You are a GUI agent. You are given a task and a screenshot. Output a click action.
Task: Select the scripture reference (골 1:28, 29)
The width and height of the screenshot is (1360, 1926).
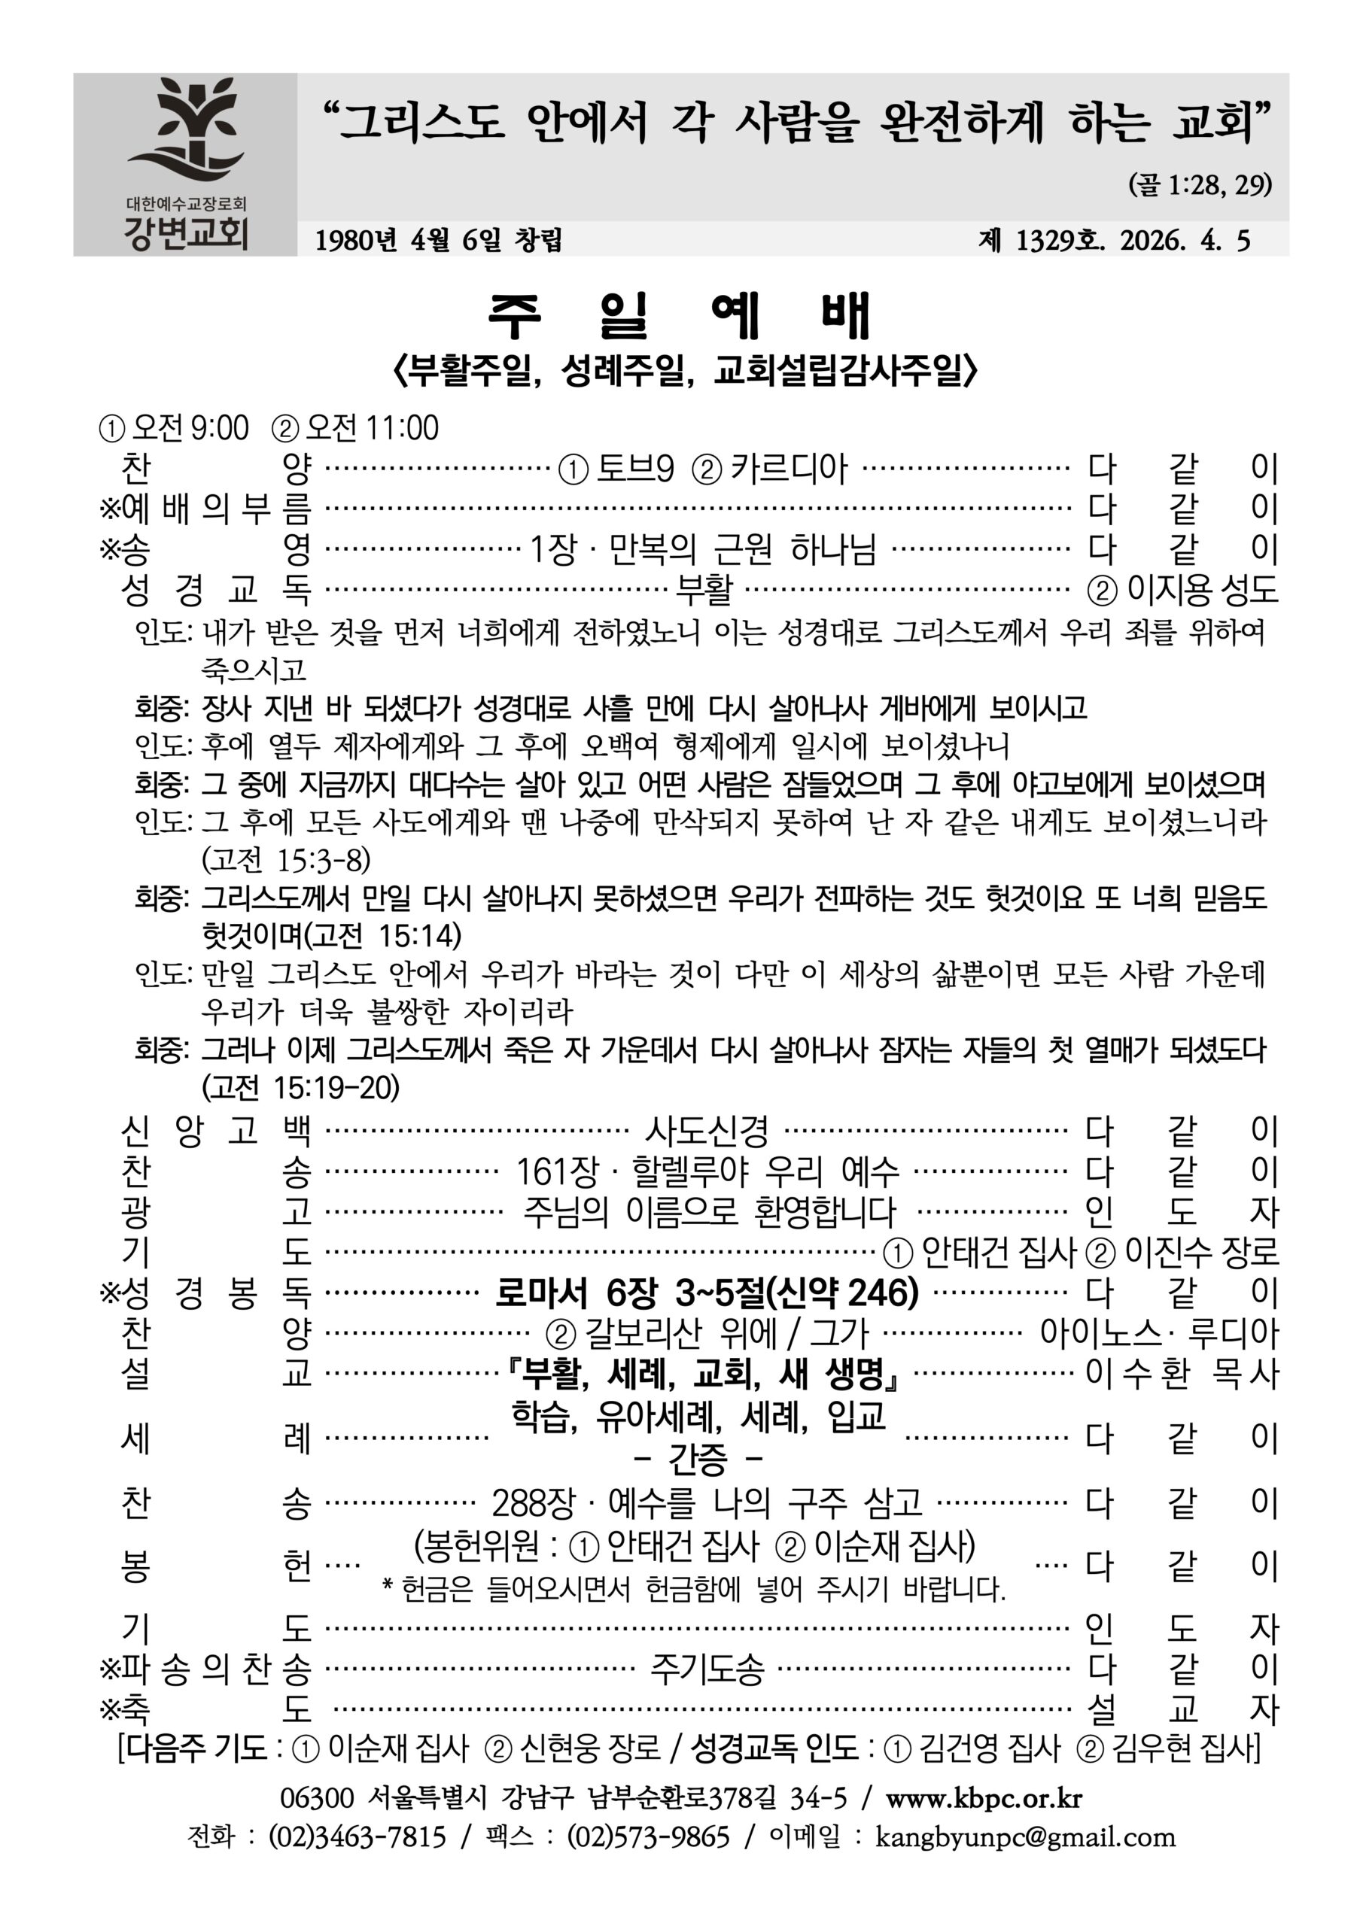[x=1200, y=184]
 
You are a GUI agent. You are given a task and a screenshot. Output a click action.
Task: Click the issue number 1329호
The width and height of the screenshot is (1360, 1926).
[x=1060, y=241]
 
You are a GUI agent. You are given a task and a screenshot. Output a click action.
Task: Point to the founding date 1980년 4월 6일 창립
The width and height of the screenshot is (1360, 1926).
[x=438, y=241]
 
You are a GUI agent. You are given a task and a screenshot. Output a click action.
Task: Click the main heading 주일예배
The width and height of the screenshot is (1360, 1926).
[x=680, y=316]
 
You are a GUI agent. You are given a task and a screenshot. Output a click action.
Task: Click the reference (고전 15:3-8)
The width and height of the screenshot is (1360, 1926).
[x=285, y=859]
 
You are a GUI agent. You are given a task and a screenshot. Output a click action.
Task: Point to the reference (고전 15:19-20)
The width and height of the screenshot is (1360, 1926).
[x=300, y=1087]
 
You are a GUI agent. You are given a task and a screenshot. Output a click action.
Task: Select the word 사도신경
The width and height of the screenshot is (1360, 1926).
[x=707, y=1130]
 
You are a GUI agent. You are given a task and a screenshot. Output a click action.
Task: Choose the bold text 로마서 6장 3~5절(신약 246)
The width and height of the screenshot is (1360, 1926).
[x=707, y=1293]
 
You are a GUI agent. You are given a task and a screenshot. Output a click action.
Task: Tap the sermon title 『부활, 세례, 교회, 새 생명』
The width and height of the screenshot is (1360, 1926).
[x=707, y=1374]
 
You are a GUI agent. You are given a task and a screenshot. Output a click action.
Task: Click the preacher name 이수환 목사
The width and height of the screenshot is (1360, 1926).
[x=1182, y=1374]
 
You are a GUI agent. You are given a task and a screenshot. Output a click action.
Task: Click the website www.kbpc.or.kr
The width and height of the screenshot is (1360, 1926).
[x=983, y=1797]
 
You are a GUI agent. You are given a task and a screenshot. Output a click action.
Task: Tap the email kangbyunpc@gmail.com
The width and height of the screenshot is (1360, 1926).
[x=1025, y=1837]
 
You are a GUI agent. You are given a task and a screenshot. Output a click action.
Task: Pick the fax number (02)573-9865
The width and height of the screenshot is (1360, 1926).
[x=649, y=1837]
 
